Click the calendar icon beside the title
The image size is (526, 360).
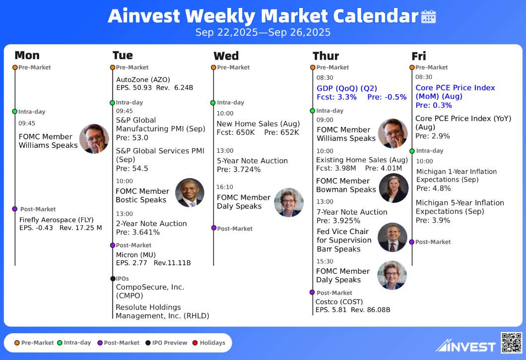click(428, 16)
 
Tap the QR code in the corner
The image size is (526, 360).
click(511, 343)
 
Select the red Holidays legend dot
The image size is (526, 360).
click(195, 343)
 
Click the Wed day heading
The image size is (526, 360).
click(226, 56)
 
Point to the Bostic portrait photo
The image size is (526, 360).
click(190, 192)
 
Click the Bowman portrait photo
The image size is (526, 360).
click(394, 188)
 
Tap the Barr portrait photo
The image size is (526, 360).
click(392, 238)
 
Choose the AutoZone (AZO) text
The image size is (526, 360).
click(143, 80)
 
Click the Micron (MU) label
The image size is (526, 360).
click(136, 255)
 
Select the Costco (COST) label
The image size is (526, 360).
click(339, 301)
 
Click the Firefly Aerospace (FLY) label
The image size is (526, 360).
click(57, 220)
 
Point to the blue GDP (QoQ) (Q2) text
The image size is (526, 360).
click(347, 88)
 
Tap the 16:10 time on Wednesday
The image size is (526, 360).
click(225, 187)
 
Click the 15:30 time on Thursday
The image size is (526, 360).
click(325, 261)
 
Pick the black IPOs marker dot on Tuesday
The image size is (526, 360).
click(113, 279)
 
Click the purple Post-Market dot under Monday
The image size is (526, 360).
click(15, 209)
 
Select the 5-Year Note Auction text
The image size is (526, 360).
click(252, 161)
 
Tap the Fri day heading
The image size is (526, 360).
click(419, 56)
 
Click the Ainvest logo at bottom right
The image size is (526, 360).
click(465, 346)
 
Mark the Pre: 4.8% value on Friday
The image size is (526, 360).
click(433, 188)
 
